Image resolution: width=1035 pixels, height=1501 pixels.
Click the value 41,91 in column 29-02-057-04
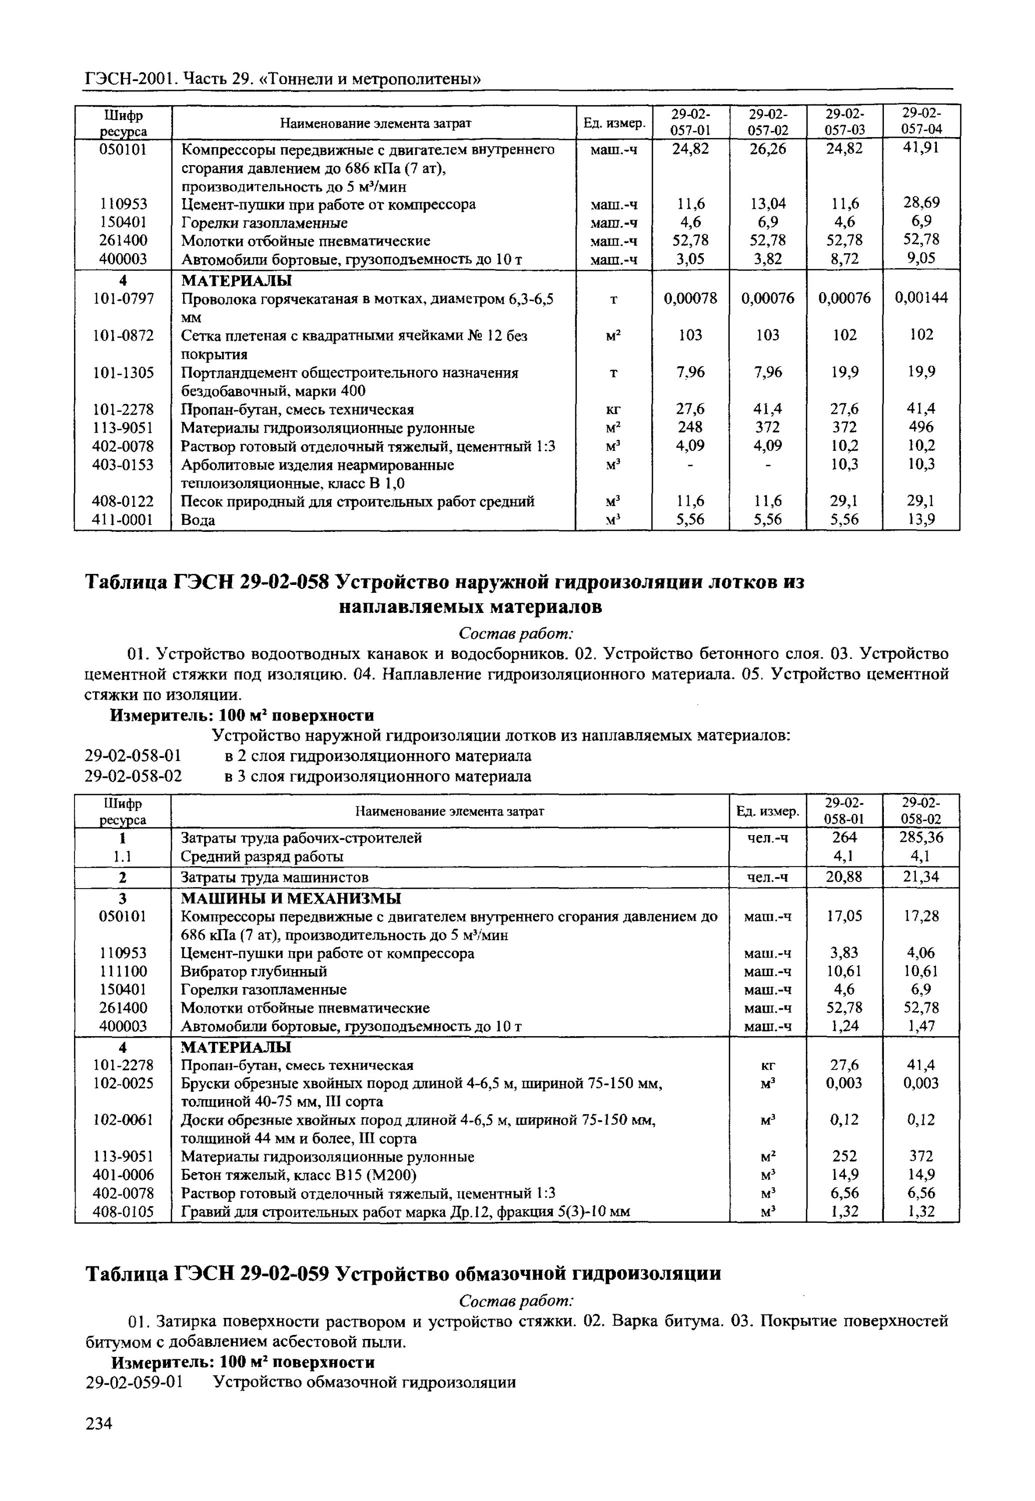point(921,148)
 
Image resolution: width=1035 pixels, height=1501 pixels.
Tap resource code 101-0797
point(123,298)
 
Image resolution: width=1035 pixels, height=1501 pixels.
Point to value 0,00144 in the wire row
point(921,298)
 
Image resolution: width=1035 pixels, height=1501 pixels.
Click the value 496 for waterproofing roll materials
point(921,427)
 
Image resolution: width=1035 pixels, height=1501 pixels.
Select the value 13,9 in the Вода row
point(921,519)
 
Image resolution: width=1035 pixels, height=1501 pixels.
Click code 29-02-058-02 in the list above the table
point(134,777)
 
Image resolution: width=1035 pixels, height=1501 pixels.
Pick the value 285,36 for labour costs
point(921,838)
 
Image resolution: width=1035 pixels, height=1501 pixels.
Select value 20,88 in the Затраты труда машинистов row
point(844,877)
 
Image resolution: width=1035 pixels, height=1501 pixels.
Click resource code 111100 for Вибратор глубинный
point(123,971)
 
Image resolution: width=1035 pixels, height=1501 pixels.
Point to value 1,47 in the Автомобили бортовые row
point(921,1026)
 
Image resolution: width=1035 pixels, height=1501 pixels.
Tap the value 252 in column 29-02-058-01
point(844,1157)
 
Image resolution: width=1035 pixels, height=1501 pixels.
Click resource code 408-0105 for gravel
point(123,1212)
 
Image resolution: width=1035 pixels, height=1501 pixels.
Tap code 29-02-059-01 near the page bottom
point(134,1382)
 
